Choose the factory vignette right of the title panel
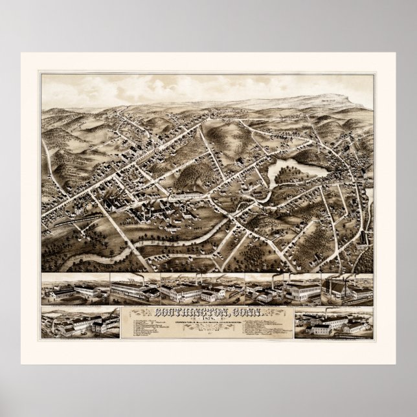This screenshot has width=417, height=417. point(332,323)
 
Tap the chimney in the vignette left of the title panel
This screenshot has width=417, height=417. point(62,314)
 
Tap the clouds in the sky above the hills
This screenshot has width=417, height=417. point(162,87)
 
